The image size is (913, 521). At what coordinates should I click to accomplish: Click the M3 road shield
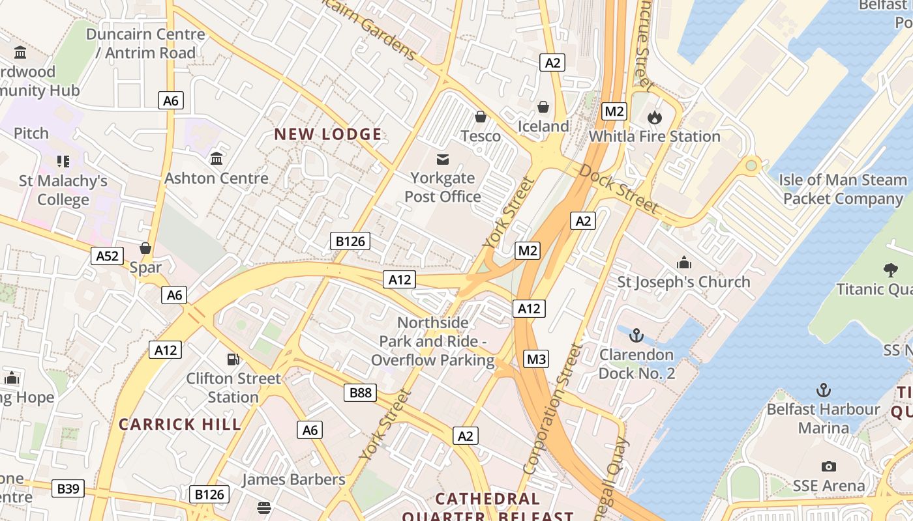(536, 359)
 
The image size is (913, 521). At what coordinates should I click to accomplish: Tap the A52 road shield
(108, 256)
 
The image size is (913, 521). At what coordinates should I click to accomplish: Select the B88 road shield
(360, 392)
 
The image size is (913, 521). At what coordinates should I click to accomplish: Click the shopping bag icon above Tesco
(481, 117)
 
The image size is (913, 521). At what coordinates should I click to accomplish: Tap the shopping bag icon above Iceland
(543, 106)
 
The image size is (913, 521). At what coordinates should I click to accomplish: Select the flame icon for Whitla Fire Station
(654, 117)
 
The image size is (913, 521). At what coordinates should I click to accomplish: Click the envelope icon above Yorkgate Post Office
(443, 159)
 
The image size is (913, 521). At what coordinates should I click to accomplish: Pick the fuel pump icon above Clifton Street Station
(233, 359)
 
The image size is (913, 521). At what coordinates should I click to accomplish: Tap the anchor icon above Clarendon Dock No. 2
(636, 336)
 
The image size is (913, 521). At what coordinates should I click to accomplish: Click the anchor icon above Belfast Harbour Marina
(824, 390)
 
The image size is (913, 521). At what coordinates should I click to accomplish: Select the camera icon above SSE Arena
(828, 466)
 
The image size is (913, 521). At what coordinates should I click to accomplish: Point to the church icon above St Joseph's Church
(683, 262)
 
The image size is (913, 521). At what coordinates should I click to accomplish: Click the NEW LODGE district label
(327, 135)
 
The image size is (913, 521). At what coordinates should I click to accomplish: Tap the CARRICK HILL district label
(180, 425)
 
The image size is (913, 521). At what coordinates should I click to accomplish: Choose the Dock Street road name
(618, 189)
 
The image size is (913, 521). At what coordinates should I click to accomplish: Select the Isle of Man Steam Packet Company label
(843, 189)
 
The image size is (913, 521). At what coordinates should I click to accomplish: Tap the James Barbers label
(293, 479)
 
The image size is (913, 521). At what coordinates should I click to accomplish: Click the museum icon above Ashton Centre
(217, 158)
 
